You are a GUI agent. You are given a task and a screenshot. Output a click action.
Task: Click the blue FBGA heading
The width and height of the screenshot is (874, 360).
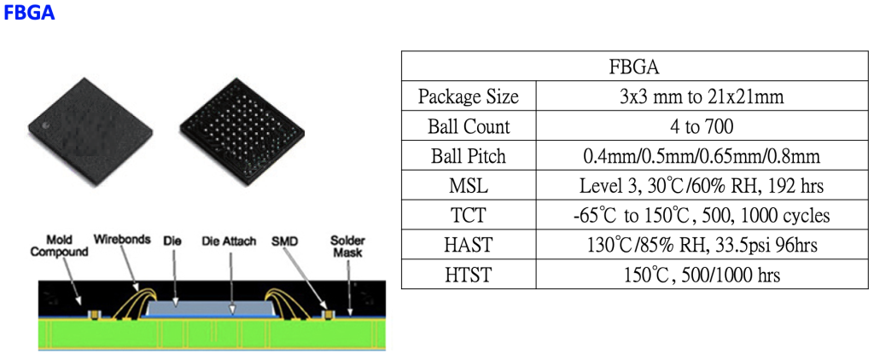click(x=30, y=12)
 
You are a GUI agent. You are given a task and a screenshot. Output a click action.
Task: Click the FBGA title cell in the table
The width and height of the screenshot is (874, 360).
click(x=635, y=67)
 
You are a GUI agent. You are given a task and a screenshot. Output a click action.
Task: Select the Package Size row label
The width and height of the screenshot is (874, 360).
click(x=469, y=97)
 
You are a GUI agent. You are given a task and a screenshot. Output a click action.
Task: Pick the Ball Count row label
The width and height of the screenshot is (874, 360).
click(x=469, y=126)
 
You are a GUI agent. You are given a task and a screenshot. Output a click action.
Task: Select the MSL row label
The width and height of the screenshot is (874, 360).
click(x=469, y=186)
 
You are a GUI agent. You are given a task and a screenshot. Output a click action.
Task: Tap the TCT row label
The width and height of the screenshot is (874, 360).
click(x=469, y=215)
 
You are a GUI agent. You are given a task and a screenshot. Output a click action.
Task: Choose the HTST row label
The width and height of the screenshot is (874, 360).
click(x=469, y=274)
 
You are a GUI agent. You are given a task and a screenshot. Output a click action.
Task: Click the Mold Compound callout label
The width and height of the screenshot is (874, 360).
click(x=59, y=247)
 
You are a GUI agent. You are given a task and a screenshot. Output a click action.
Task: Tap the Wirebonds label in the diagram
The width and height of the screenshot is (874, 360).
click(x=123, y=240)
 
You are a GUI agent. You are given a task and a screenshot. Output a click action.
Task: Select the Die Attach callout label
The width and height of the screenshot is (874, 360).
click(x=230, y=241)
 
